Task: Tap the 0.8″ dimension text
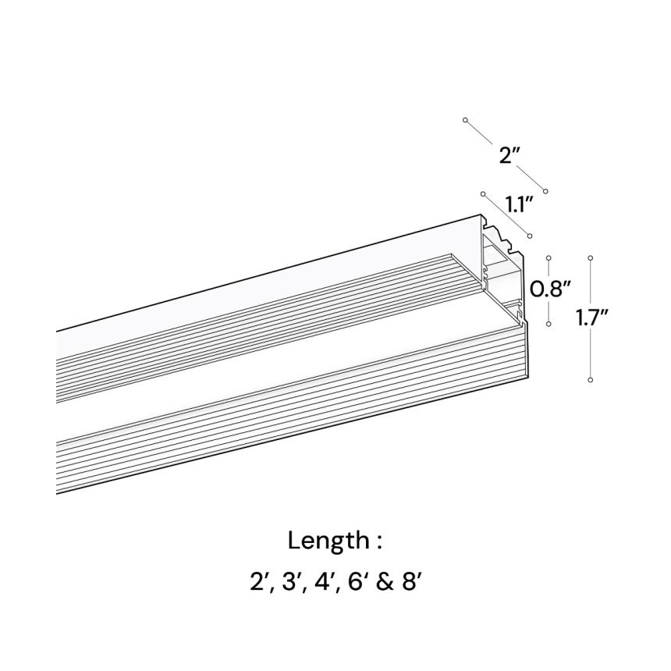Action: [550, 290]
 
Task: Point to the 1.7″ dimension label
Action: [593, 318]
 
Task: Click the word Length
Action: [328, 541]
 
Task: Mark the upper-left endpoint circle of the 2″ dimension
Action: [465, 120]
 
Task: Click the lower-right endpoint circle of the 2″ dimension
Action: [545, 190]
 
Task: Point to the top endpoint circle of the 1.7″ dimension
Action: [591, 258]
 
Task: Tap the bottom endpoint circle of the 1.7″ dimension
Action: [591, 379]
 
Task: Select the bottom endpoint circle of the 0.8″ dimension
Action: [549, 325]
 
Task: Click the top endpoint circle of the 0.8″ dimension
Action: [549, 258]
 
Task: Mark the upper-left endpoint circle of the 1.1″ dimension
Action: [483, 193]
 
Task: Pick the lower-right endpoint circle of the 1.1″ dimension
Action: [530, 236]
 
